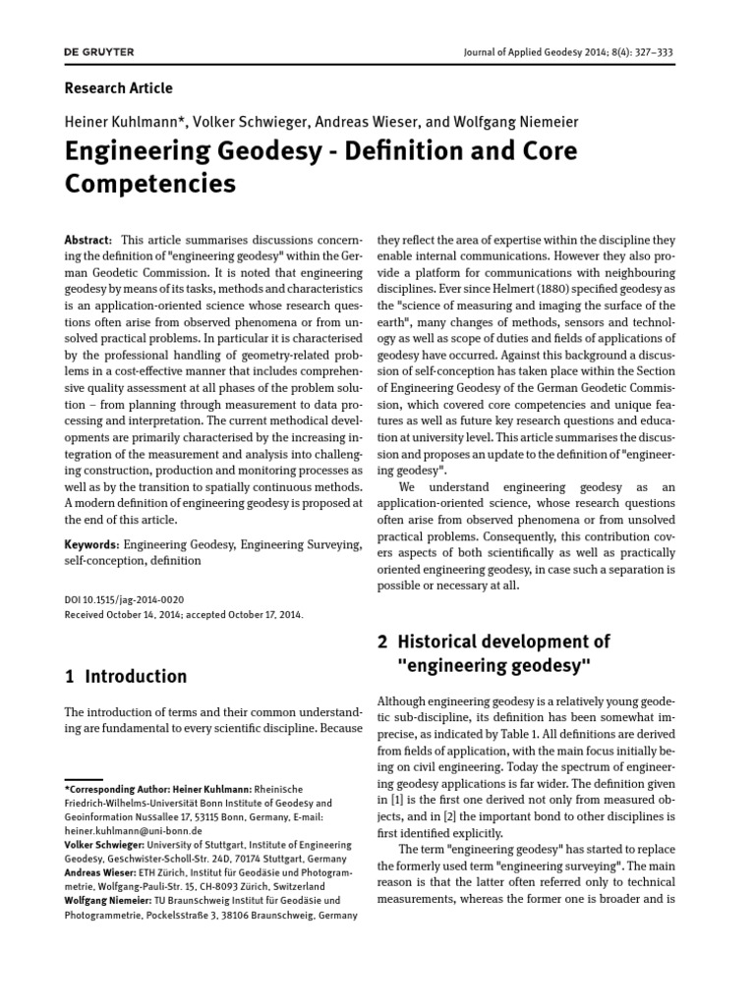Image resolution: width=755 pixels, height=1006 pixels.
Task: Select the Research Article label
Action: pos(118,88)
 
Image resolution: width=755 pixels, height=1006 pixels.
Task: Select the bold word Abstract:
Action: pos(88,242)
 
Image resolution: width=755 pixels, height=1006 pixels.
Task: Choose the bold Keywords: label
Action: pos(92,543)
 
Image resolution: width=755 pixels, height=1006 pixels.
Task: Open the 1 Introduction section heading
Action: pos(125,676)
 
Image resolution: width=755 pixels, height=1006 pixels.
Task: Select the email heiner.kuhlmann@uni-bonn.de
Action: pos(133,830)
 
